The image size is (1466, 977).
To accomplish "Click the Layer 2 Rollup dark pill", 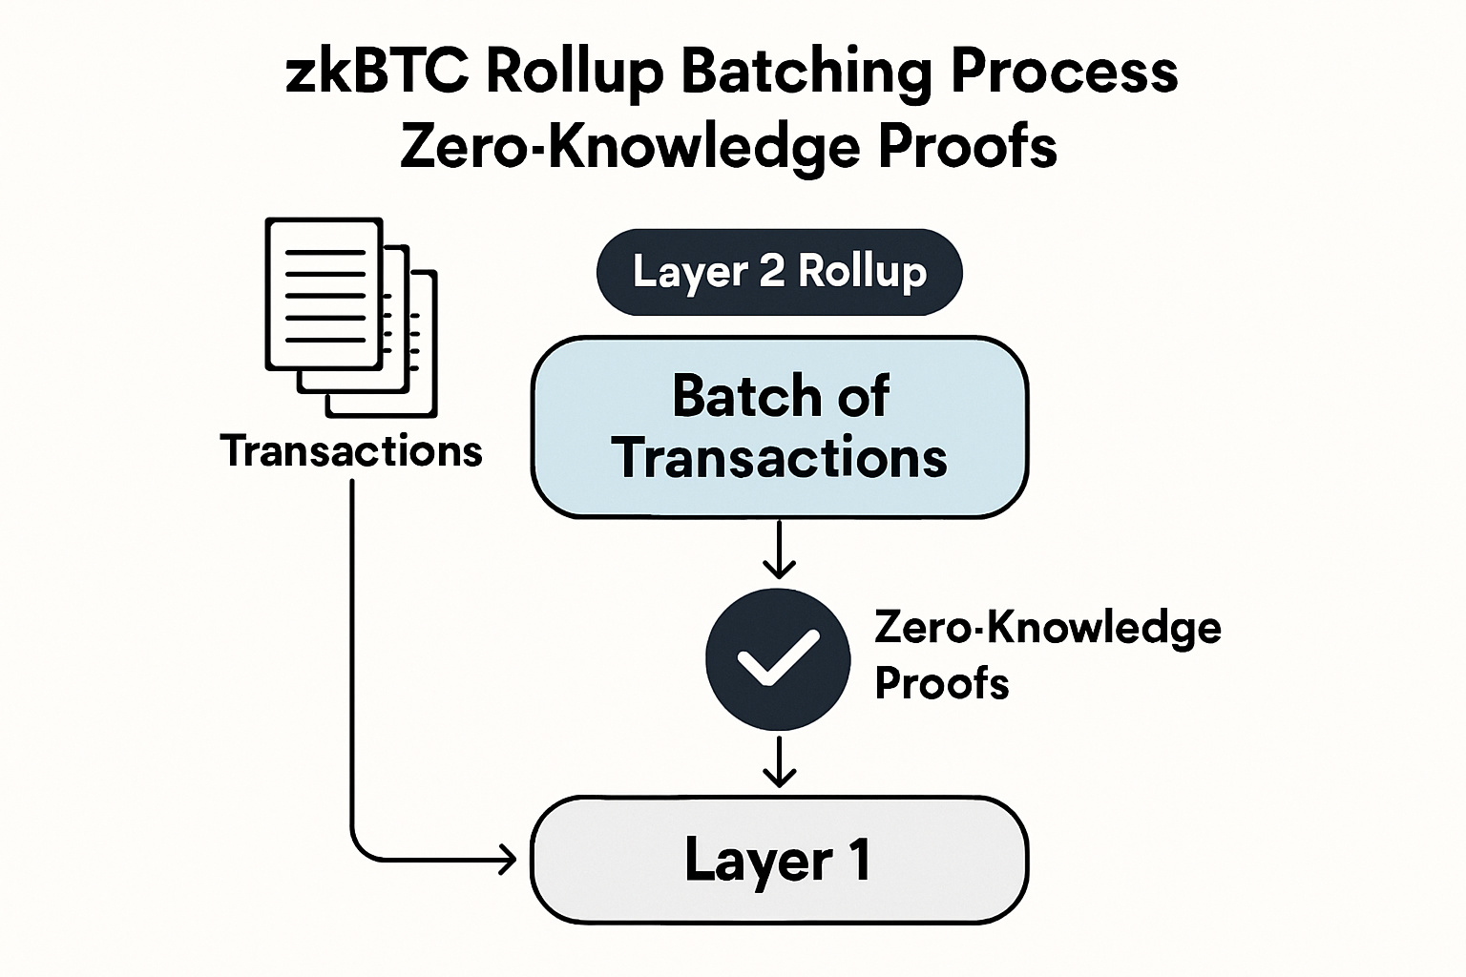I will click(x=779, y=272).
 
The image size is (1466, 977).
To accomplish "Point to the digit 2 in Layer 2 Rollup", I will click(x=771, y=272).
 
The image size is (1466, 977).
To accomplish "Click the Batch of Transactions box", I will click(x=779, y=426).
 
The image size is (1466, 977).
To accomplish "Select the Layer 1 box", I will click(x=779, y=860).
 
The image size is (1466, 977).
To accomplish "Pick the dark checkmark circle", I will click(x=778, y=659).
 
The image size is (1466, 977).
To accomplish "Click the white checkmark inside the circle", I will click(x=778, y=658).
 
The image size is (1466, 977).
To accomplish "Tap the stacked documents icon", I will click(x=351, y=317).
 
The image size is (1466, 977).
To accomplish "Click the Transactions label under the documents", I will click(x=351, y=450).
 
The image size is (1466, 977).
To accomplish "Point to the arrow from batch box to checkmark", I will click(x=780, y=550).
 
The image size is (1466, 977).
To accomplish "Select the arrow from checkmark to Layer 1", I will click(x=780, y=762).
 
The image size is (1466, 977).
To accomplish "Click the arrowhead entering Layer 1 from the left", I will click(x=507, y=862).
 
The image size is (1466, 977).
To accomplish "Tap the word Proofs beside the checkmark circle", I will click(x=942, y=683).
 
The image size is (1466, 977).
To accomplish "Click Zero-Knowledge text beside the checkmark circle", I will click(x=1048, y=628).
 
